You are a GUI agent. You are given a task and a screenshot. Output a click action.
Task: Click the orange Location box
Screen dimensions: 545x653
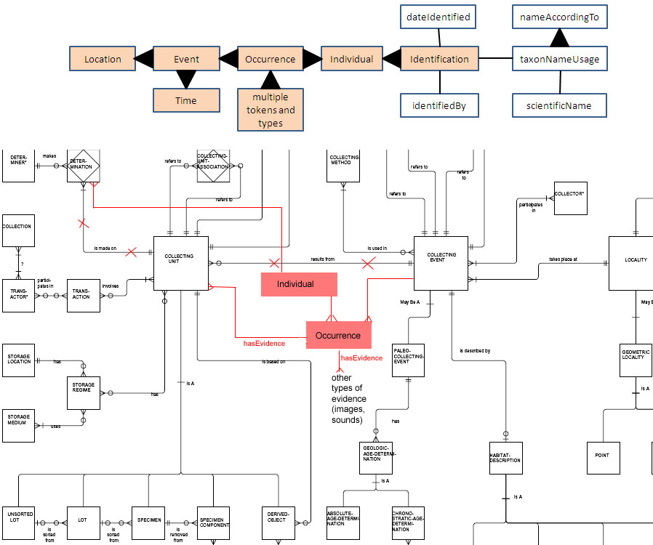103,59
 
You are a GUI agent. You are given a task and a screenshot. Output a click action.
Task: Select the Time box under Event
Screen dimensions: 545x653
186,100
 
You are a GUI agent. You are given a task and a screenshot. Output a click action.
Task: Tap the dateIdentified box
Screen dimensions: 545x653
438,16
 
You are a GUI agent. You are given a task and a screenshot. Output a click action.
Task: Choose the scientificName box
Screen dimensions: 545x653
558,105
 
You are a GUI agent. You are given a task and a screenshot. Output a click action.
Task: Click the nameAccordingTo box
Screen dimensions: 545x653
558,17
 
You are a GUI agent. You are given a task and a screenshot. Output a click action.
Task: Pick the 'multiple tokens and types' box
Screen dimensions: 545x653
270,110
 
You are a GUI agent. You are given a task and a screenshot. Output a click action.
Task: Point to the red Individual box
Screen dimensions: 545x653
299,284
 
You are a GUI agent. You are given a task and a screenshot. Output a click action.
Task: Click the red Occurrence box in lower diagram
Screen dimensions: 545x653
338,335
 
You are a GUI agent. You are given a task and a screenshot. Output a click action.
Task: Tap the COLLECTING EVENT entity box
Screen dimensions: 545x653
441,262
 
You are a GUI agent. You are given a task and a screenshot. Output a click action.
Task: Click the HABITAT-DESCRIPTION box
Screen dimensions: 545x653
505,459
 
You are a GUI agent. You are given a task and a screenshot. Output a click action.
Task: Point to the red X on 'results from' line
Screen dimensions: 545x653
275,262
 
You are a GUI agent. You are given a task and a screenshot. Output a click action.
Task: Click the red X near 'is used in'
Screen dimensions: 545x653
369,263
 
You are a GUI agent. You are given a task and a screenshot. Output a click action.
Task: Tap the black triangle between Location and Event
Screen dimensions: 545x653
143,59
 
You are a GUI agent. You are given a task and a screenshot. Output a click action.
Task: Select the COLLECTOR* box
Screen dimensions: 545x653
570,198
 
